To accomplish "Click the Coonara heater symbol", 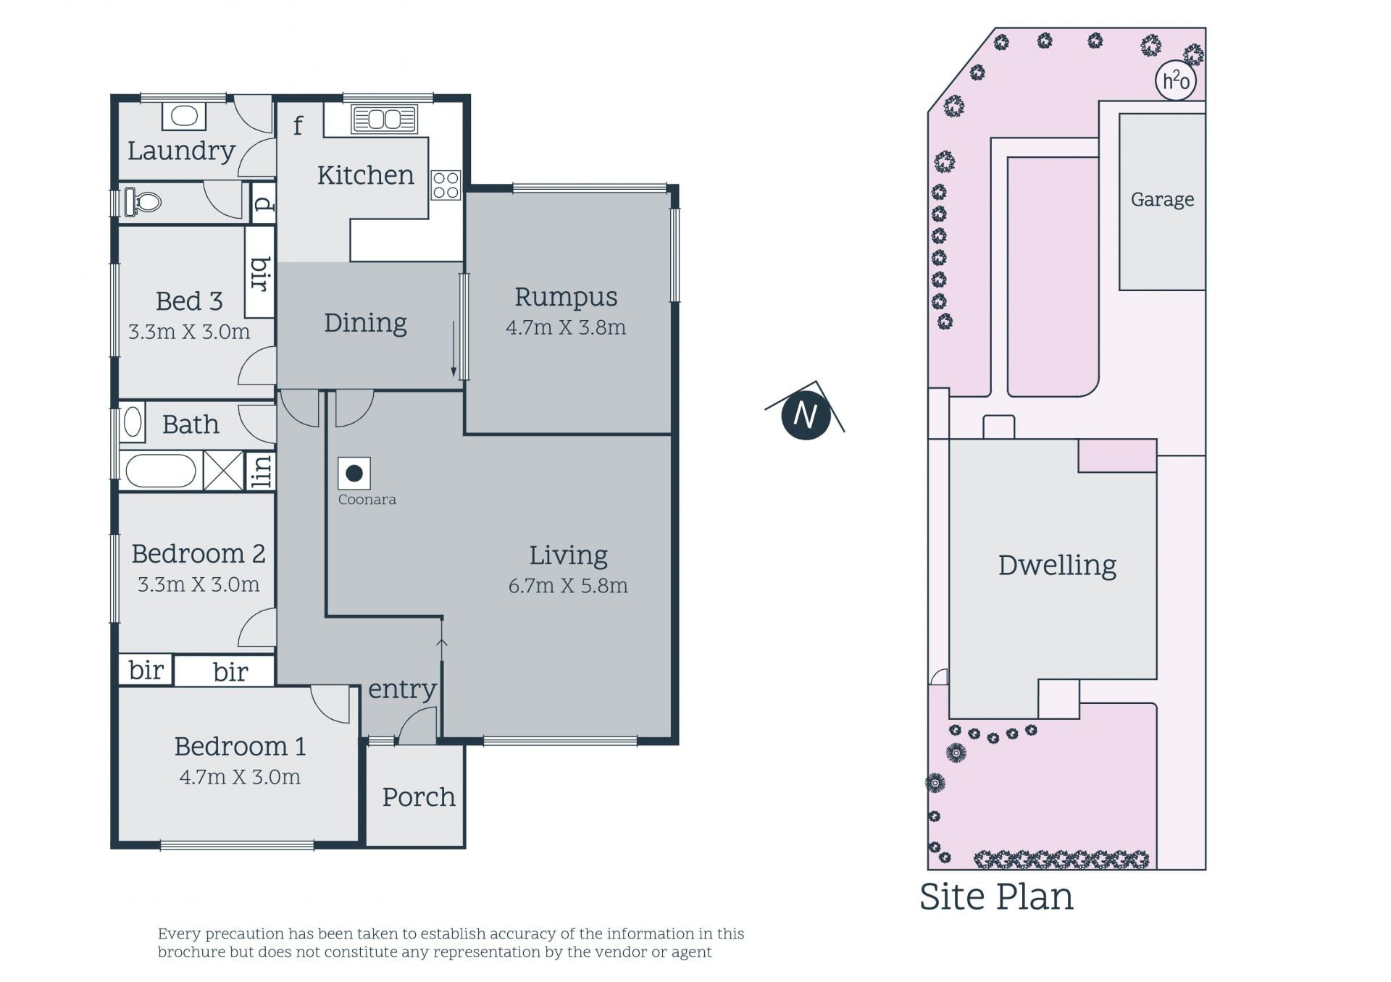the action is tap(354, 474).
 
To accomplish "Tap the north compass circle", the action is tap(806, 416).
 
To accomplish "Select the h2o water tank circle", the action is tap(1175, 80).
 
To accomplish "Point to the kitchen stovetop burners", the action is tap(445, 185).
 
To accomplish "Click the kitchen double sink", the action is tap(385, 119).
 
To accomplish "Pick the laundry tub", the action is tap(184, 117).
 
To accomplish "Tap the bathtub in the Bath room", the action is tap(161, 471).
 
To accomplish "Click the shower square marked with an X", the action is tap(223, 471).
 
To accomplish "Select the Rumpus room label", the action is tap(566, 297).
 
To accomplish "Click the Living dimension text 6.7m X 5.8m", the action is tap(568, 585).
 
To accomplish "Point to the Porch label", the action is tap(418, 797).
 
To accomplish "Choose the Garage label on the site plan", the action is tap(1162, 199).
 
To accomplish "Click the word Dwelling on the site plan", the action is tap(1057, 566).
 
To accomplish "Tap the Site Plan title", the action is tap(996, 897).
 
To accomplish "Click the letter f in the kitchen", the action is tap(298, 125).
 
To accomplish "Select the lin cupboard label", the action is tap(261, 471).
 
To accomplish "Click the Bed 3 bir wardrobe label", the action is tap(260, 273).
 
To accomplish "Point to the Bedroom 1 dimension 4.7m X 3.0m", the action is tap(240, 777).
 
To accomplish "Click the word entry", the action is tap(402, 689).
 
